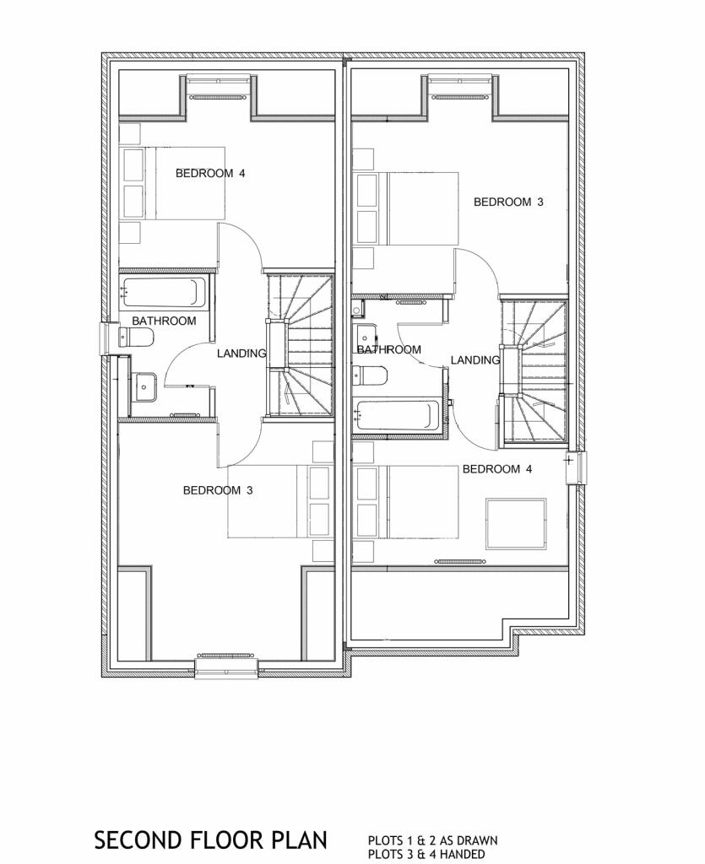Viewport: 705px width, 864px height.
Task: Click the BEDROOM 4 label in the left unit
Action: (210, 174)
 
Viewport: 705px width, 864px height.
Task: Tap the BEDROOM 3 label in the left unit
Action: (218, 490)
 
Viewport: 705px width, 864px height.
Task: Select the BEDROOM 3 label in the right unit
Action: (508, 202)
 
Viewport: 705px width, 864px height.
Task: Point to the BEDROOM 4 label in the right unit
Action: (497, 469)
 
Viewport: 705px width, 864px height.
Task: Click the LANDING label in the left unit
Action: (241, 354)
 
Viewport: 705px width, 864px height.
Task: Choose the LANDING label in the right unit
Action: (475, 360)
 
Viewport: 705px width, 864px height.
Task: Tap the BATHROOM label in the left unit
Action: (164, 321)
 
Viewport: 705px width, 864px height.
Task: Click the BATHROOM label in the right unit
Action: (388, 349)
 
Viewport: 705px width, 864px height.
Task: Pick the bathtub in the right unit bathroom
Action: (398, 415)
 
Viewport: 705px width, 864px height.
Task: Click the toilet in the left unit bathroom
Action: (137, 338)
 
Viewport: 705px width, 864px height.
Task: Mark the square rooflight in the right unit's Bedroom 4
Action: (515, 524)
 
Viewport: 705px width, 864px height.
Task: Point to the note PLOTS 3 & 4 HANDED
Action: (426, 854)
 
